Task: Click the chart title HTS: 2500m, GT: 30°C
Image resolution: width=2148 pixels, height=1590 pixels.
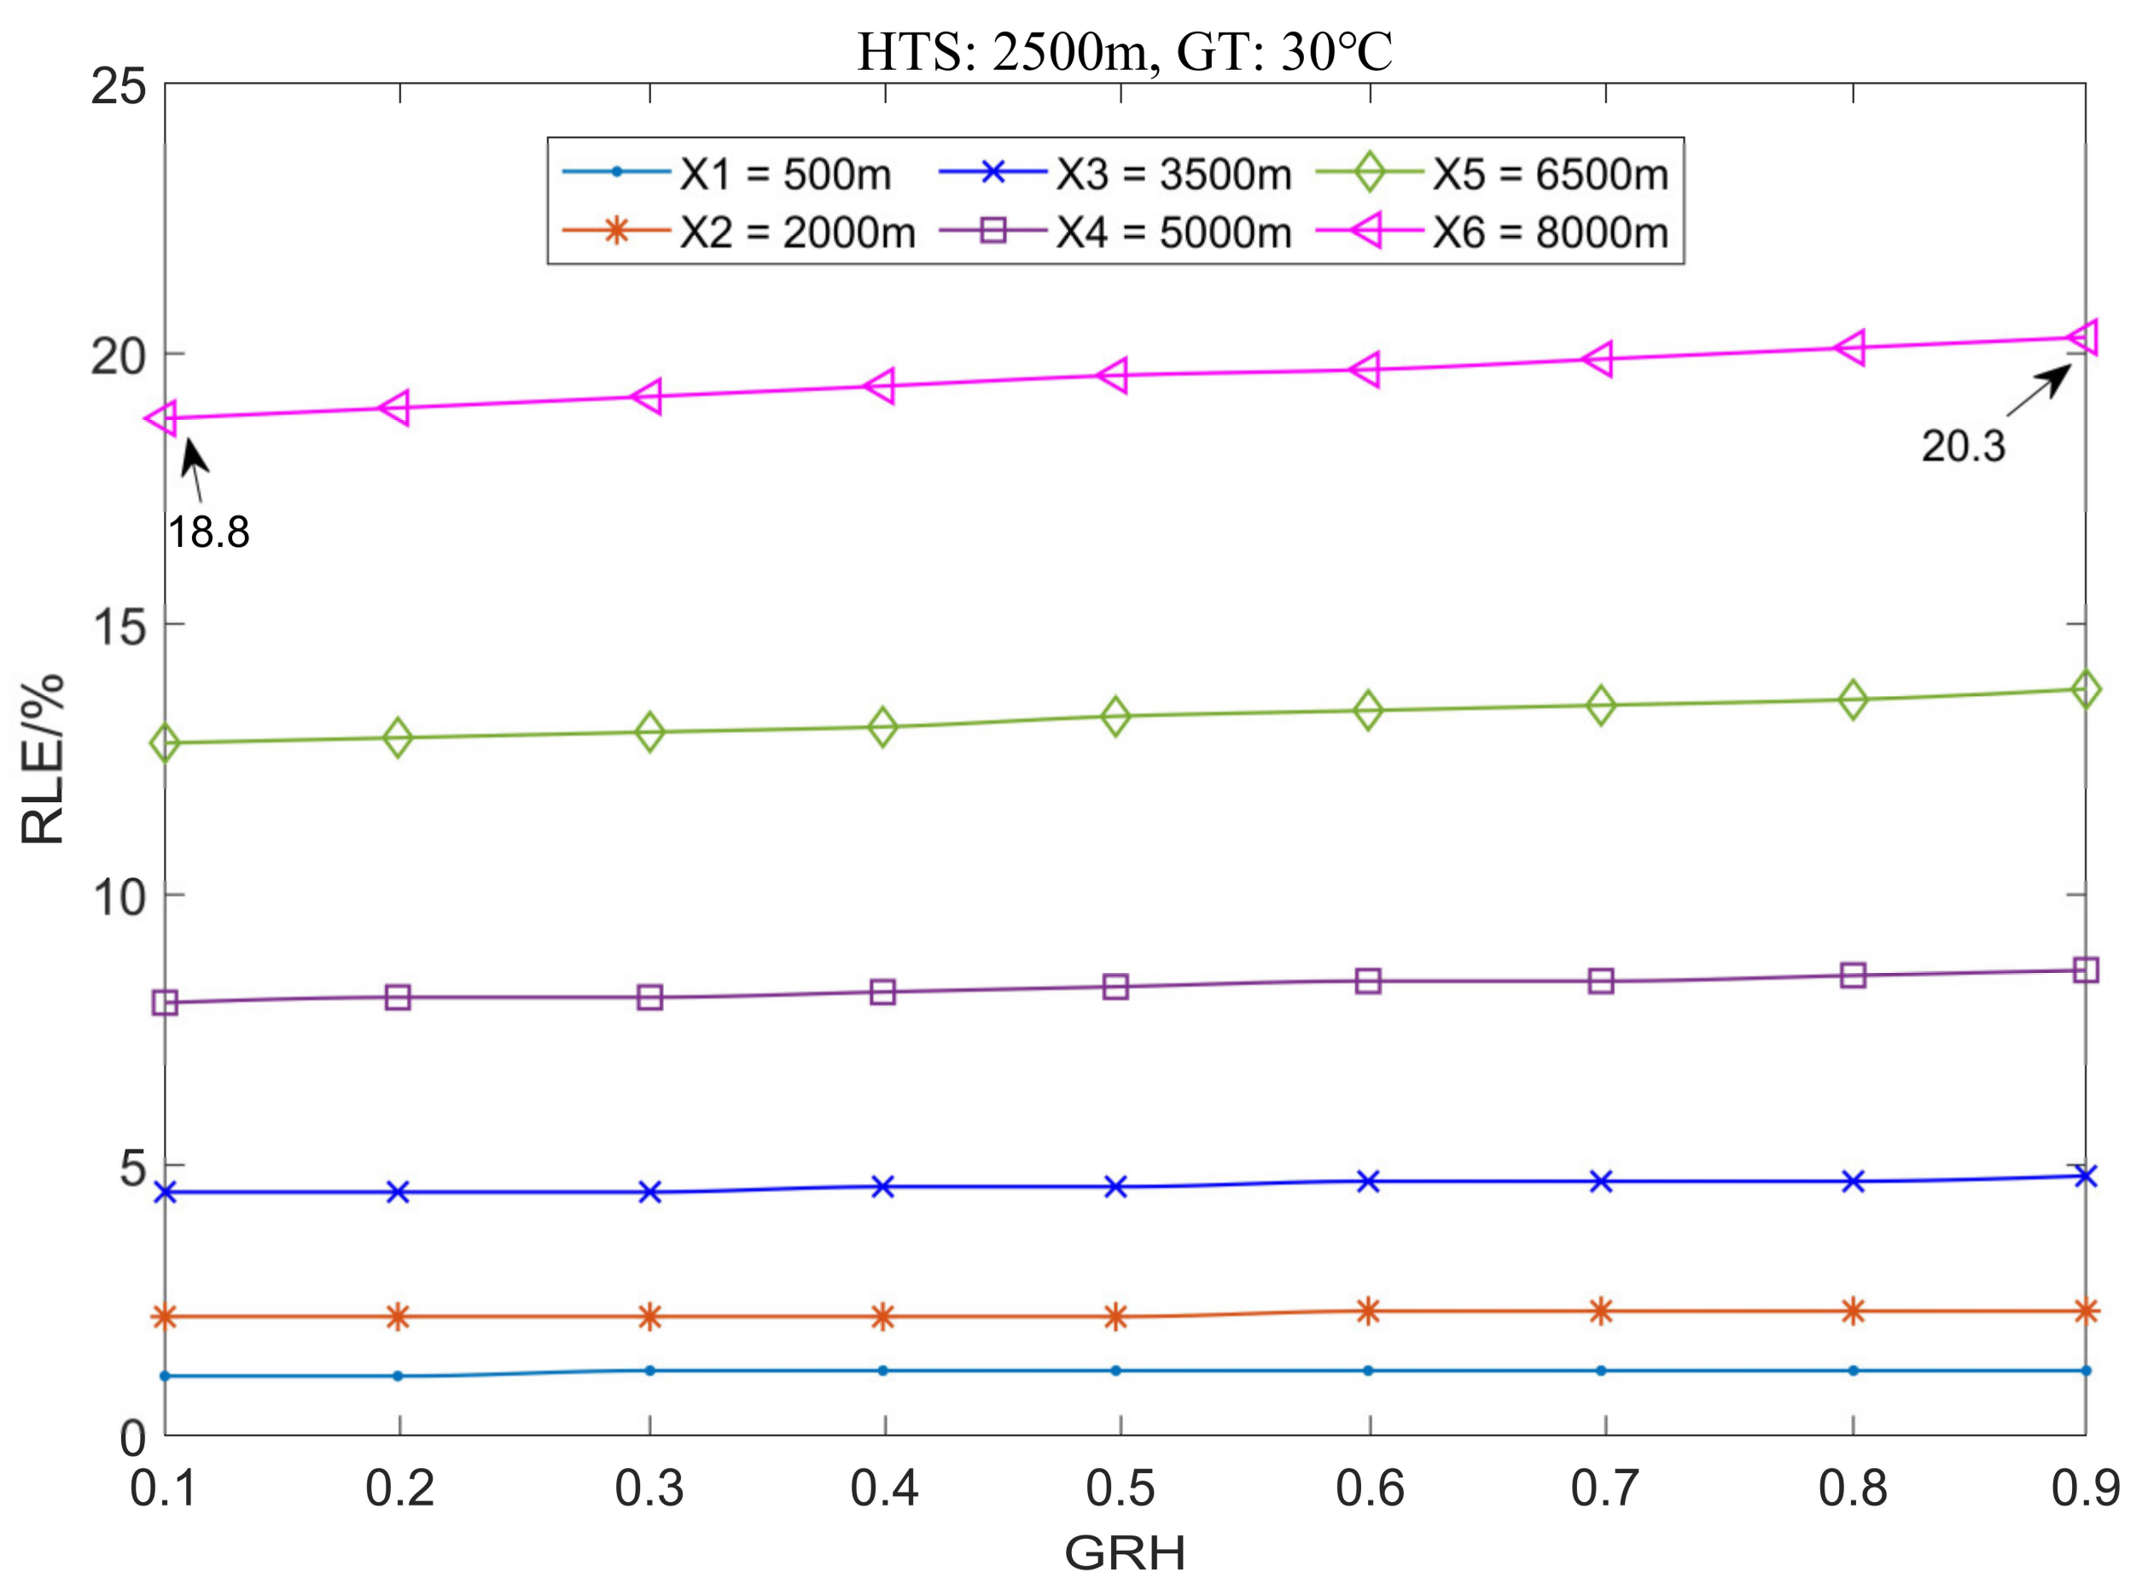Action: (1124, 52)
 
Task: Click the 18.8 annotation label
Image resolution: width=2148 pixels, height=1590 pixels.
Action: (209, 533)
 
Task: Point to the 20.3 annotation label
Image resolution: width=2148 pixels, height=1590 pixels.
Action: (1963, 446)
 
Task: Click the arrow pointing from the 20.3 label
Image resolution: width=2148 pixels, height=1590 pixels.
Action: (2038, 391)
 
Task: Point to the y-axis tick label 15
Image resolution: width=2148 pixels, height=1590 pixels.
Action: (119, 626)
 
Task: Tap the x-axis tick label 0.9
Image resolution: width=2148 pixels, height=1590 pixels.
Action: (2086, 1488)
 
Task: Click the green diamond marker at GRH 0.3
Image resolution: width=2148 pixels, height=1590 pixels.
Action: (650, 731)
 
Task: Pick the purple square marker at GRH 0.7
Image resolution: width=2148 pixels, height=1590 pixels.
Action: (1600, 981)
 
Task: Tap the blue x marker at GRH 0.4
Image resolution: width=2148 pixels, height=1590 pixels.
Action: (882, 1186)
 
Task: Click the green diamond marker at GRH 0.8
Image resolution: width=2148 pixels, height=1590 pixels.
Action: (1853, 700)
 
